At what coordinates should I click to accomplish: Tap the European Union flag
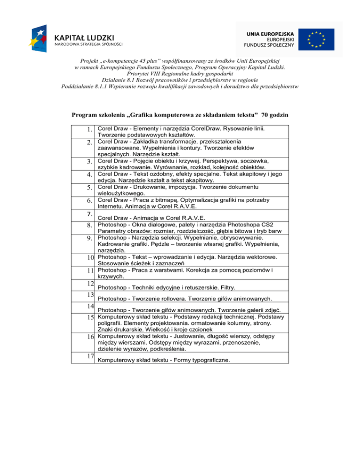click(x=317, y=39)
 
